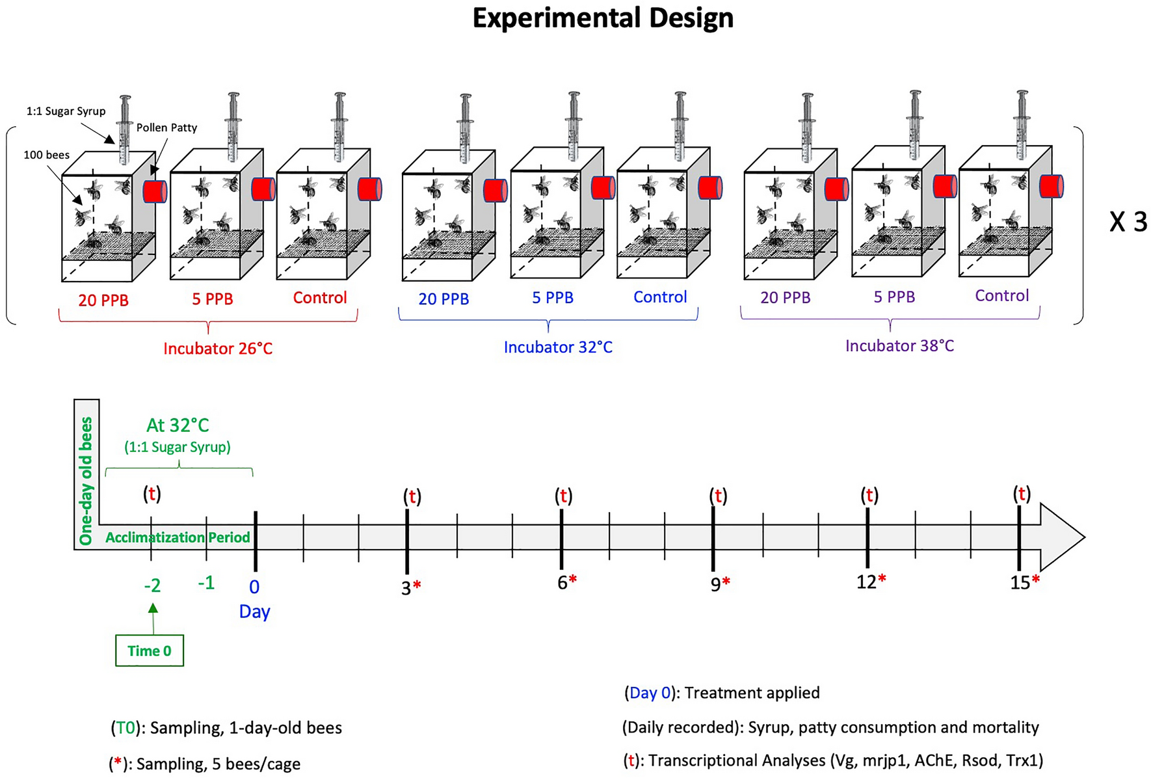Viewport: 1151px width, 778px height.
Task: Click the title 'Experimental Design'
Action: click(x=603, y=18)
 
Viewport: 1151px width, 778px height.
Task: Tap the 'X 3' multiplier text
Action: click(x=1128, y=222)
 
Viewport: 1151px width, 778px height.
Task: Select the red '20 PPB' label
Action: click(x=103, y=301)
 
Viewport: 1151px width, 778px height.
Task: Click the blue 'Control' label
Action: click(x=660, y=297)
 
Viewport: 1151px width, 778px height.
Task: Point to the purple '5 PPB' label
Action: click(x=894, y=297)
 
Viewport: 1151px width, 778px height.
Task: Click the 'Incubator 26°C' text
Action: click(x=218, y=349)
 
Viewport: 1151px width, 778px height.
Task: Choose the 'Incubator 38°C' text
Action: click(x=899, y=346)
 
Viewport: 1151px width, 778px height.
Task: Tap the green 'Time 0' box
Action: click(x=150, y=651)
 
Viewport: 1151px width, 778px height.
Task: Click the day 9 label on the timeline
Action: click(x=716, y=584)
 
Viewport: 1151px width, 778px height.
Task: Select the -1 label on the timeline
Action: click(x=206, y=583)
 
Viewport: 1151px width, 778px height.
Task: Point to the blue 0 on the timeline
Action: click(x=254, y=587)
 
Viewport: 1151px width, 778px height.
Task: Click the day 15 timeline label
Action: click(x=1020, y=583)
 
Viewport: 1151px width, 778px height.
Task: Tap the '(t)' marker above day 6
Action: click(x=563, y=496)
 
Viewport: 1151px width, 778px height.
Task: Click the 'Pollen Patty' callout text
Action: click(x=166, y=127)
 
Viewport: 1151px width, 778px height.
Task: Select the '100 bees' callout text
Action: click(x=47, y=155)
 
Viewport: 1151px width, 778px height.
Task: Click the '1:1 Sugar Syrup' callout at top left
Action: click(x=66, y=111)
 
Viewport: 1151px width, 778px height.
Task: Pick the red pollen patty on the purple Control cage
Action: click(x=1051, y=186)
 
